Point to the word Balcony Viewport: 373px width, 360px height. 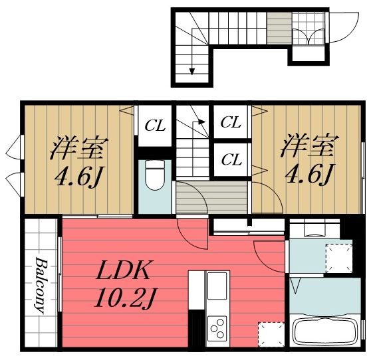41,284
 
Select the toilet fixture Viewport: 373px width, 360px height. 154,176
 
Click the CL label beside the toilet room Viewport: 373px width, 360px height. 156,124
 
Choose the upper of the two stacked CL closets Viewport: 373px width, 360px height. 231,122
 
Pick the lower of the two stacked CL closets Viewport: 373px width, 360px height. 231,159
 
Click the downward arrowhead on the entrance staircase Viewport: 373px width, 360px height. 193,71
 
